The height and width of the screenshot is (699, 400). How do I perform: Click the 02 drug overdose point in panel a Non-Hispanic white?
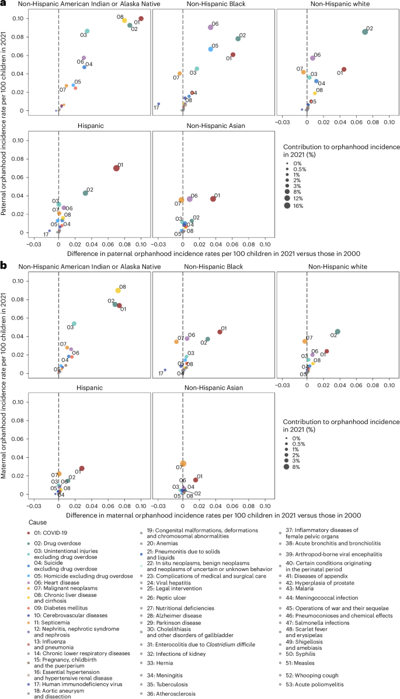(365, 32)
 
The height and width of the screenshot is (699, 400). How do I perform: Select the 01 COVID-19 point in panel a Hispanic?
(116, 168)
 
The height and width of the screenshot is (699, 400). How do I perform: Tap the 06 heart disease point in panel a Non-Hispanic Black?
(211, 27)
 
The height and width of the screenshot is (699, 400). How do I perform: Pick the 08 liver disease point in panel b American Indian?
(118, 290)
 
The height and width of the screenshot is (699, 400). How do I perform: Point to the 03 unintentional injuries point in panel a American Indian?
(87, 31)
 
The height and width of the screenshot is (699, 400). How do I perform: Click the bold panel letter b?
(4, 265)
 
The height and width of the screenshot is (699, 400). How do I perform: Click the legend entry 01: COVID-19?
(57, 531)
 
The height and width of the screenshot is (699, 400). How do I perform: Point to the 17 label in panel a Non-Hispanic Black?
(156, 107)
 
